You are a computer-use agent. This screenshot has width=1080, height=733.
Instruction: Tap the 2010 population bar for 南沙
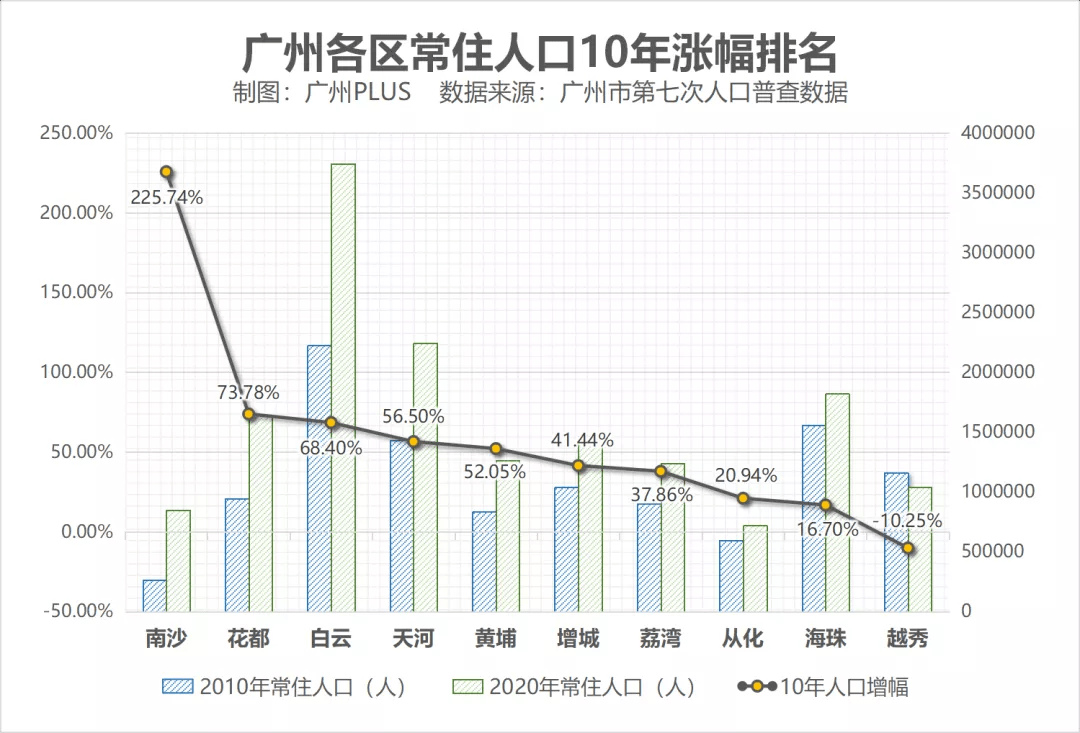[154, 595]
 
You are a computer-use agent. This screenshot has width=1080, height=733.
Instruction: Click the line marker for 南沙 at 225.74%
[167, 172]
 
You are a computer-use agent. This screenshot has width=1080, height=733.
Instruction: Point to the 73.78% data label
[248, 392]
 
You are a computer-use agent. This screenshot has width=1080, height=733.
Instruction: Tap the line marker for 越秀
[908, 548]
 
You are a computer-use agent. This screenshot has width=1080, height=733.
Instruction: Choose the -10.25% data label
[907, 521]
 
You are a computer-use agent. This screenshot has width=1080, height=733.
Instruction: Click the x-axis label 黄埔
[496, 638]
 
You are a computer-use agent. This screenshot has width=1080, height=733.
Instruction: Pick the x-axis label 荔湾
[661, 638]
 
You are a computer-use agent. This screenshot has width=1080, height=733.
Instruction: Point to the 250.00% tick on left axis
[76, 133]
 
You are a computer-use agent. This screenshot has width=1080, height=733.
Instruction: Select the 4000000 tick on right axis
[997, 133]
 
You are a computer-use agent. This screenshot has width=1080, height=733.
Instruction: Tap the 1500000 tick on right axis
[997, 432]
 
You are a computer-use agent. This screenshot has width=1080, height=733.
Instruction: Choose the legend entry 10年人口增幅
[825, 687]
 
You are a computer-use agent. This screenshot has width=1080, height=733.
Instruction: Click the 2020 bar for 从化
[755, 568]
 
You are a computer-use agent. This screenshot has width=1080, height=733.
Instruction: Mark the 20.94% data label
[742, 476]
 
